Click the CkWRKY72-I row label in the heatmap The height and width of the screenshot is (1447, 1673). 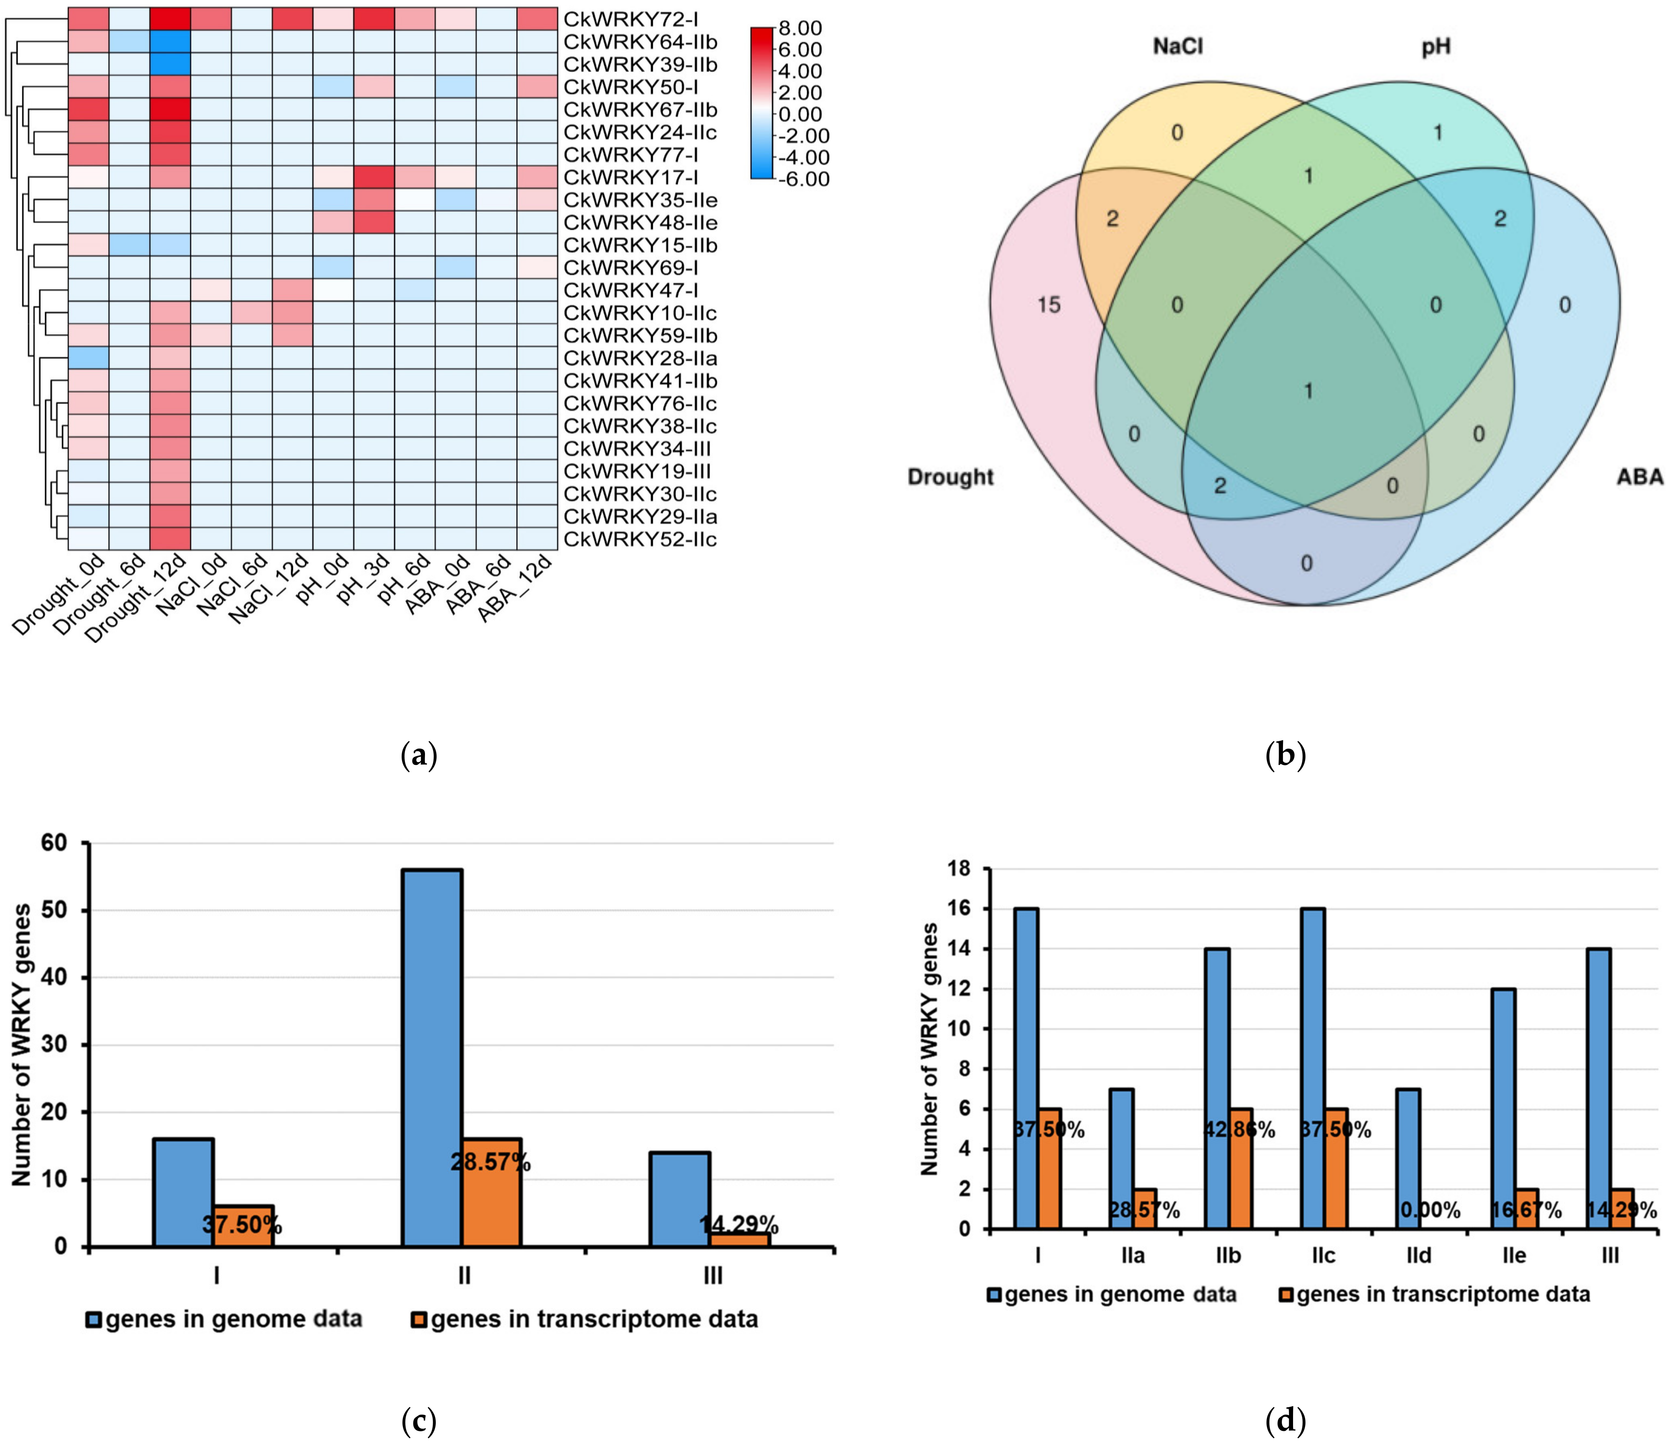pos(631,18)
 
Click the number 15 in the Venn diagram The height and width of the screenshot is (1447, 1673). pos(1049,305)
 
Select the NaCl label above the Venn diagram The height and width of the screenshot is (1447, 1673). pos(1177,47)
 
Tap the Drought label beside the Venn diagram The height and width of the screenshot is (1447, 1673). pos(950,477)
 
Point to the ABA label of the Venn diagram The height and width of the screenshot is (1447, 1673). pos(1639,477)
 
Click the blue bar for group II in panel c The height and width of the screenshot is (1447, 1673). pos(432,1058)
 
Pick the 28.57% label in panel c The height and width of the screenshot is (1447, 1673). pos(491,1163)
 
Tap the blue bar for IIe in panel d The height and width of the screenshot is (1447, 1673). pos(1503,1109)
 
